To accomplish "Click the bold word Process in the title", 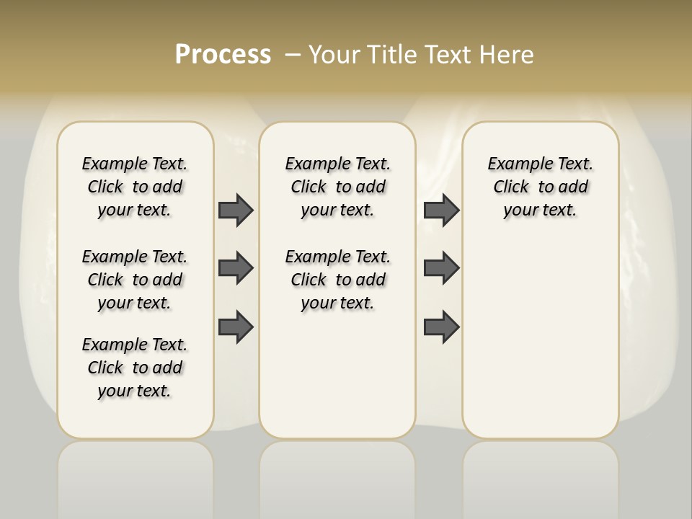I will click(223, 55).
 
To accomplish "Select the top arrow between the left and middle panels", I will click(236, 210).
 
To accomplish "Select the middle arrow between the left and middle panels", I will click(236, 268).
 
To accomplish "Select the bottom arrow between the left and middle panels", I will click(236, 327).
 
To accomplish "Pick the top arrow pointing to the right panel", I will click(441, 210).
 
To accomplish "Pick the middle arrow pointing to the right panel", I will click(441, 268).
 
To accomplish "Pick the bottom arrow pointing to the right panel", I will click(441, 327).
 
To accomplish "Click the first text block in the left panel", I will click(135, 187).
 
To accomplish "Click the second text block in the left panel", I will click(135, 280).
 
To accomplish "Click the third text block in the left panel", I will click(135, 368).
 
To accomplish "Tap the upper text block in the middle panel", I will click(337, 187).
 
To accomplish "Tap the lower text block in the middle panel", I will click(337, 280).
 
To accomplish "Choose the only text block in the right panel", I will click(540, 187).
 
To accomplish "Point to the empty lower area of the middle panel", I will click(337, 375).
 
